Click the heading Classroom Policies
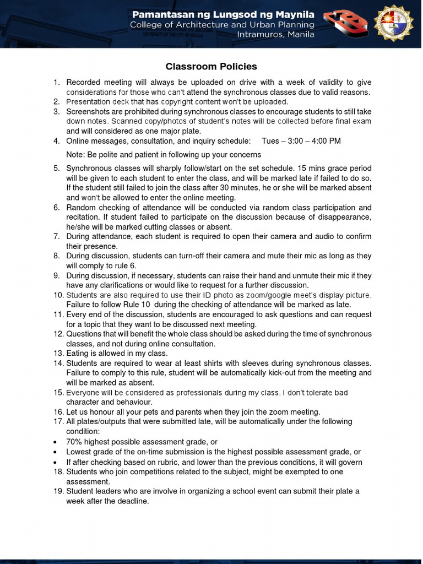pyautogui.click(x=211, y=67)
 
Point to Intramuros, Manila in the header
pyautogui.click(x=275, y=34)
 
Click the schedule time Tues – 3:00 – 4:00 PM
pyautogui.click(x=301, y=141)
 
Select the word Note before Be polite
pyautogui.click(x=75, y=155)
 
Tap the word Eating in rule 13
pyautogui.click(x=78, y=354)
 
